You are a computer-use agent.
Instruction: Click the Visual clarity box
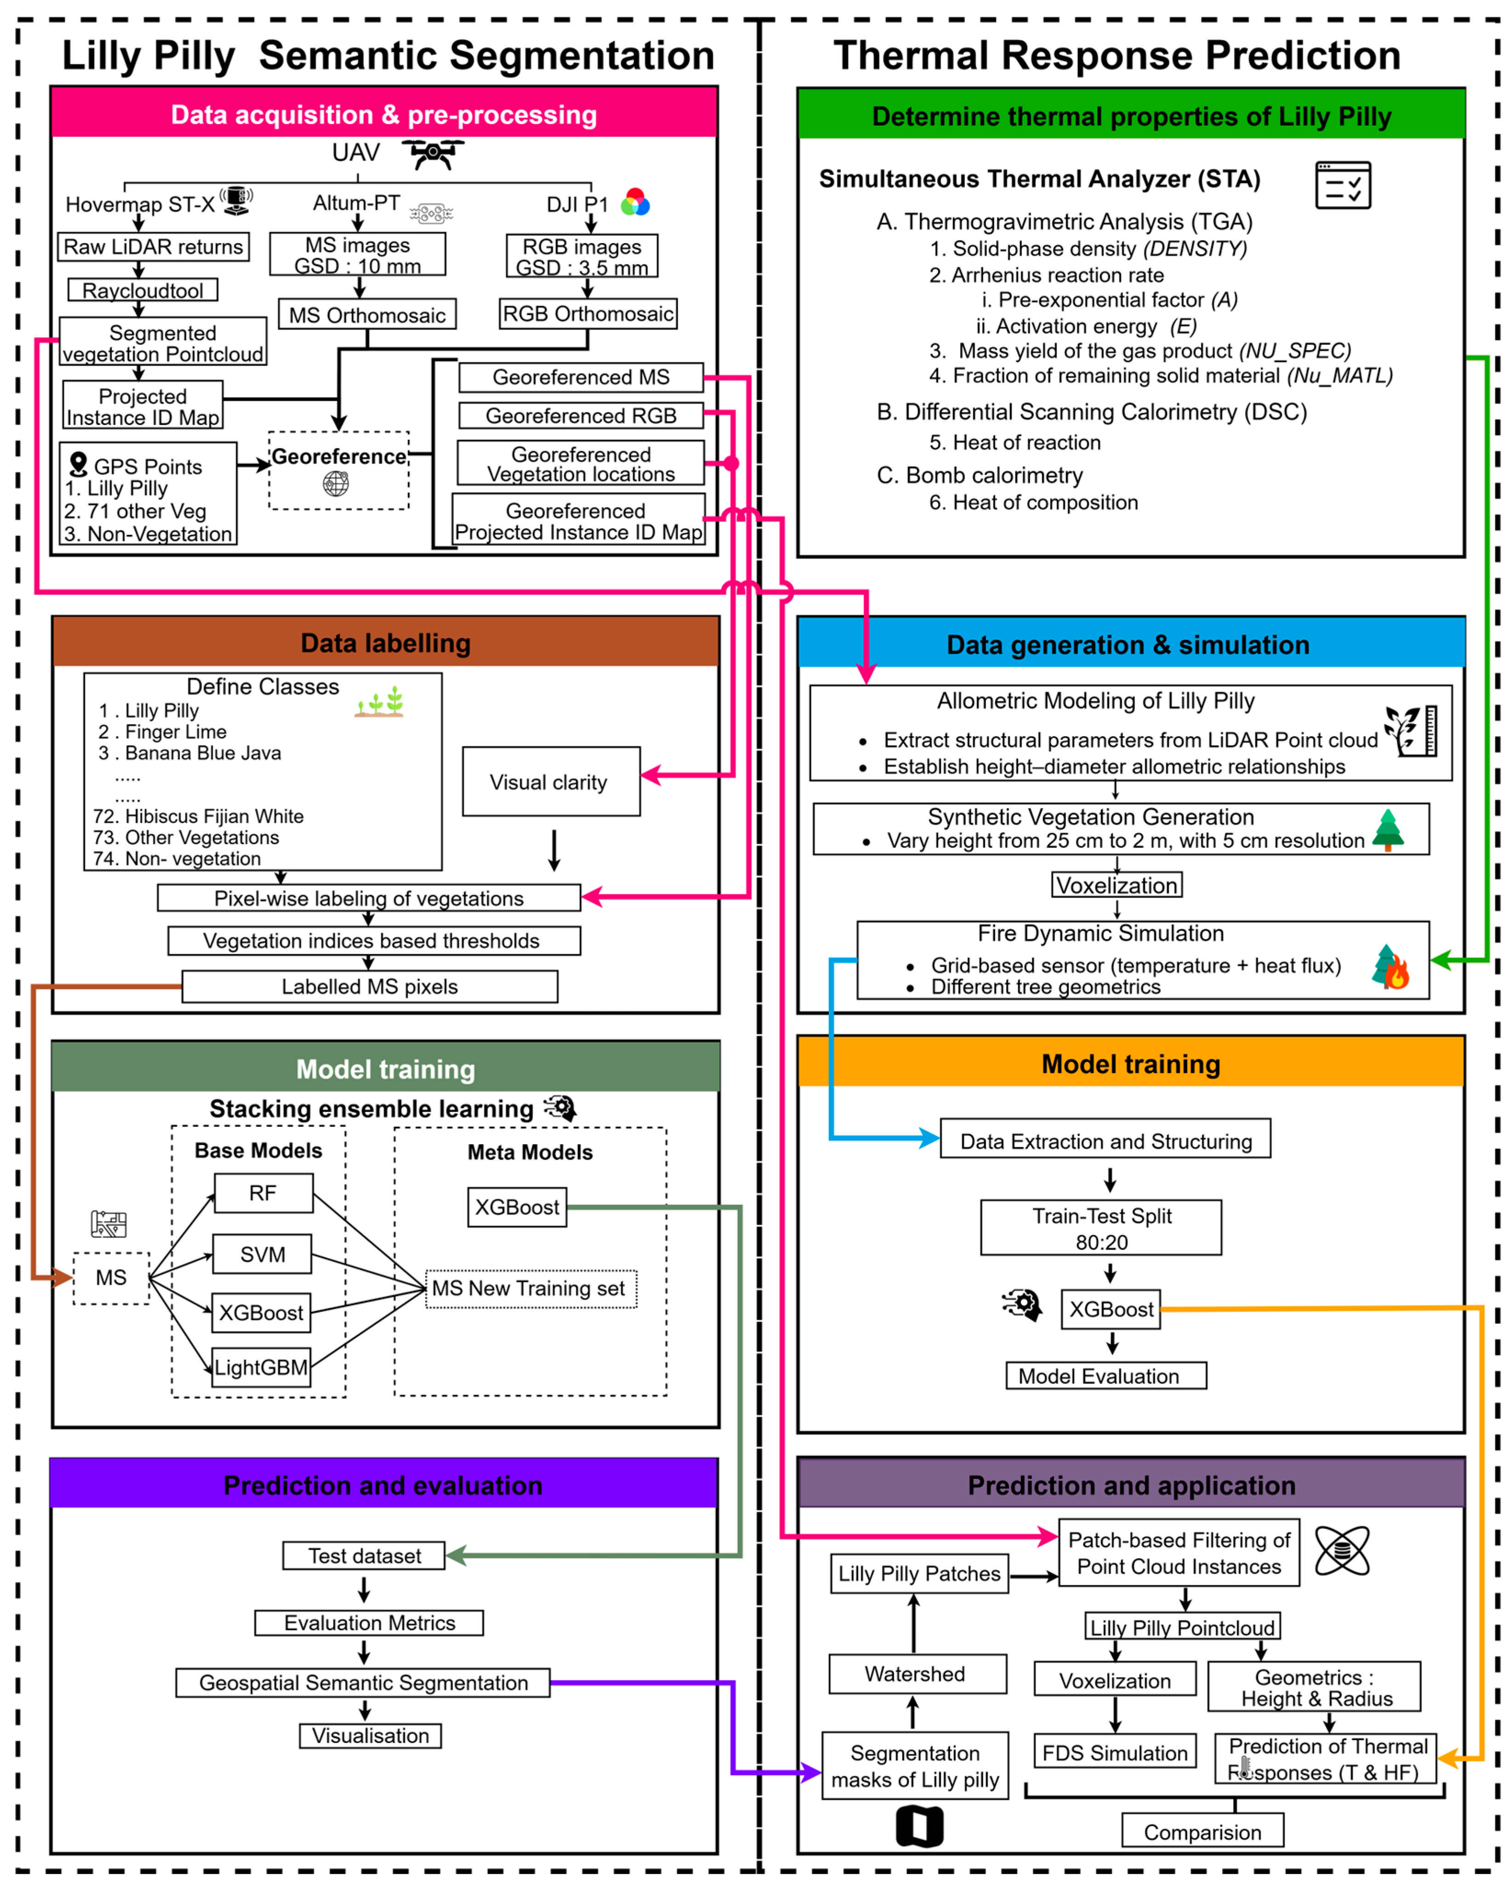coord(550,782)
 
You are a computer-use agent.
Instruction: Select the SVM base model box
coord(262,1254)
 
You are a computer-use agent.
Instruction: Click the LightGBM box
coord(261,1367)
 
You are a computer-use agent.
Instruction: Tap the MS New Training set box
coord(530,1288)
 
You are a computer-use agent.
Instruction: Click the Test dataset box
coord(363,1556)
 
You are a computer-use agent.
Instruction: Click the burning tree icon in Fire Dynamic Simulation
coord(1390,967)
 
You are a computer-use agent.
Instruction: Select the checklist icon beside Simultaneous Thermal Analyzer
coord(1342,185)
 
